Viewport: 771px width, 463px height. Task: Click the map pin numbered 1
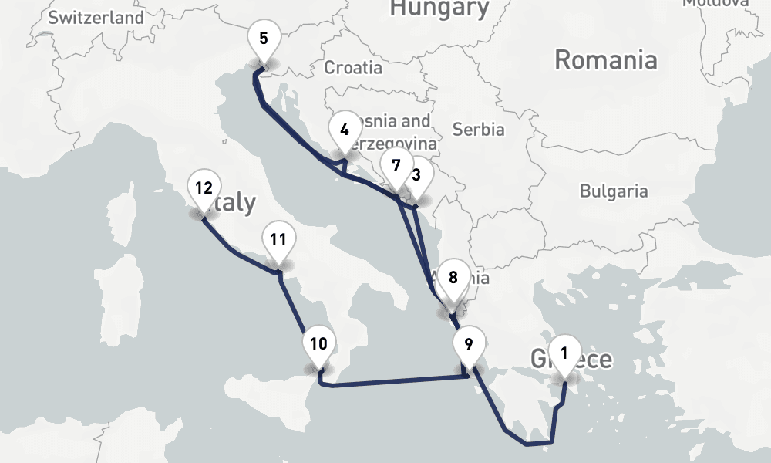564,355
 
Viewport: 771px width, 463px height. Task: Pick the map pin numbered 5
264,39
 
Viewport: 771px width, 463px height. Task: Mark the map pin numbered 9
469,343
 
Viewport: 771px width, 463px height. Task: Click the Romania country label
606,59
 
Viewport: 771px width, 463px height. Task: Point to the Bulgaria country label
614,191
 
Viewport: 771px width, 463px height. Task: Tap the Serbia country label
478,129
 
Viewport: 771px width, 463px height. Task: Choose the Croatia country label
353,67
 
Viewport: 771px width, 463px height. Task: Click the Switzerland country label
96,18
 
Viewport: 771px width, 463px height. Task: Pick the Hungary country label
439,8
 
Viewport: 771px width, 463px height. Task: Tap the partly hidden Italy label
237,204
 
